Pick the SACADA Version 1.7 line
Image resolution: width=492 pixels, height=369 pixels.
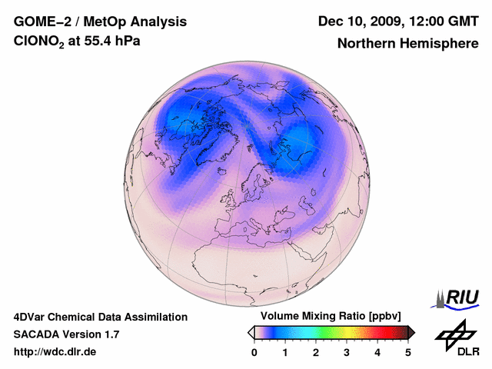tap(66, 334)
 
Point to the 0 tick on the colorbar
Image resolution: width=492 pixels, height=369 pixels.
tap(254, 352)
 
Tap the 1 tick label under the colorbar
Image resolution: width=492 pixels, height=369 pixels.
tap(285, 352)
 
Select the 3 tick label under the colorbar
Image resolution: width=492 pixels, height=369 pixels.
tap(347, 352)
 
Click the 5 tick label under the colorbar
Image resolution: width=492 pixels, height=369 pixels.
tap(408, 352)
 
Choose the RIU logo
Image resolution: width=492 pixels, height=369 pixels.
tap(459, 298)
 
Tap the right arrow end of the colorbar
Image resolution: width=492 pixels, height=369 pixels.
tap(411, 332)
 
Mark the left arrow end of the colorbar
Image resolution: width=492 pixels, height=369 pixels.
tap(251, 332)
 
